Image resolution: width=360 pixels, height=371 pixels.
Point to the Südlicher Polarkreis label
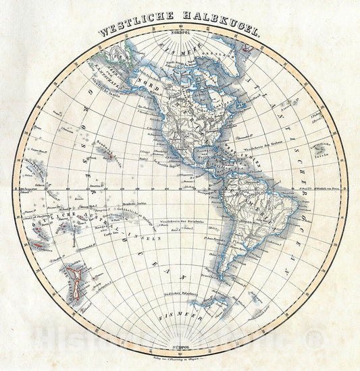(180, 294)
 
